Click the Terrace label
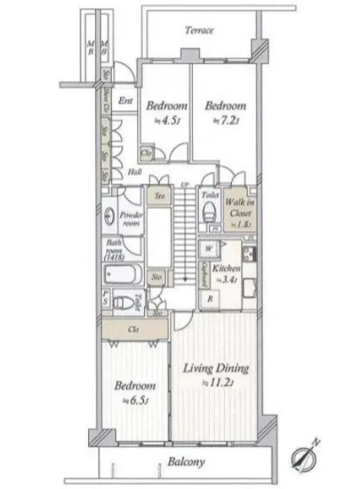point(199,29)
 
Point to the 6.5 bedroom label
point(134,392)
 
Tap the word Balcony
point(187,462)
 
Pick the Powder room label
point(129,218)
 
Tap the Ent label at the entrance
point(124,101)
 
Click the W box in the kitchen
point(207,249)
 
